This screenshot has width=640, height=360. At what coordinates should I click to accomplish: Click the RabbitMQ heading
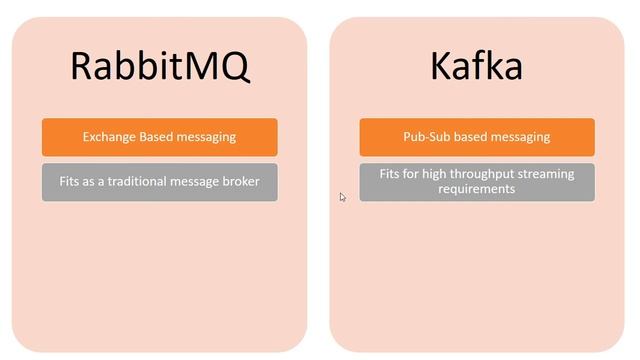click(160, 66)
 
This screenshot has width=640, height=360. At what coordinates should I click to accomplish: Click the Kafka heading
click(476, 66)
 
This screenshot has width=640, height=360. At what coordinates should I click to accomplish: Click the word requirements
click(476, 189)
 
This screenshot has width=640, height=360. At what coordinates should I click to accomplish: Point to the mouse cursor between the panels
click(342, 197)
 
